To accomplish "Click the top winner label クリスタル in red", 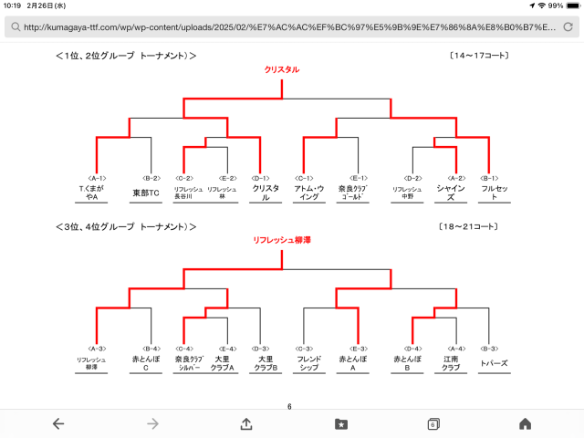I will pos(281,69).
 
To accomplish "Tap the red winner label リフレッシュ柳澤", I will pos(281,240).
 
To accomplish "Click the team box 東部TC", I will pos(146,193).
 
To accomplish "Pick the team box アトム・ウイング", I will pos(308,193).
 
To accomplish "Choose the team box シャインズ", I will pos(451,193).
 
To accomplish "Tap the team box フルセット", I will pos(493,193).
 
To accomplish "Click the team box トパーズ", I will pos(493,363).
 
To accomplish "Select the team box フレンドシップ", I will pos(308,363).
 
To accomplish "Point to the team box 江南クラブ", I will pos(451,363).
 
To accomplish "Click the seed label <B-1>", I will pos(488,177).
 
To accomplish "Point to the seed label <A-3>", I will pos(96,348).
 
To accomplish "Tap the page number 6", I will pos(289,406).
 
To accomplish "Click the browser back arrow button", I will pos(58,423).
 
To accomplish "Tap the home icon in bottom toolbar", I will pos(525,423).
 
